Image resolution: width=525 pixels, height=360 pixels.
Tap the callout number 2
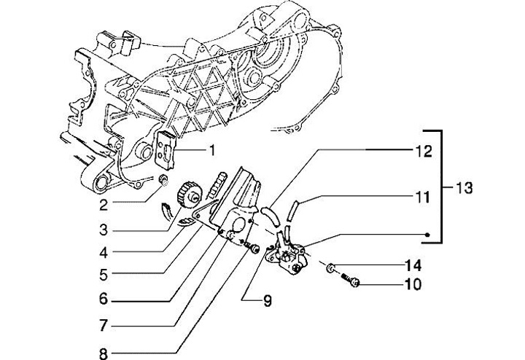coord(104,205)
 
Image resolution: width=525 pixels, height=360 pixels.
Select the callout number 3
coord(104,230)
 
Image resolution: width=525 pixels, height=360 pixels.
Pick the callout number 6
coord(104,299)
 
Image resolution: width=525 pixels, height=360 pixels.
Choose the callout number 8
coord(104,353)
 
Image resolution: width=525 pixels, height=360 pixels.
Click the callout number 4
coord(104,253)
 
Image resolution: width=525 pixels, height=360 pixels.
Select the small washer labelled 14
coord(332,267)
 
